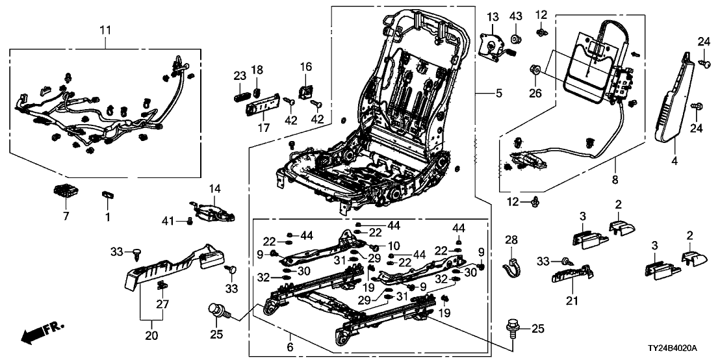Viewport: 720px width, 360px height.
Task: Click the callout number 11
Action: tap(105, 30)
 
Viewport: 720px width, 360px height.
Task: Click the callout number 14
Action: tap(214, 188)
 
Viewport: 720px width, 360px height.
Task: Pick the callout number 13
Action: tap(492, 16)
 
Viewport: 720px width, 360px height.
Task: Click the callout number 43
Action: tap(515, 16)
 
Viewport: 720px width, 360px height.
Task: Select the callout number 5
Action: tap(499, 94)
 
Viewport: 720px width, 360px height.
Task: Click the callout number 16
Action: tap(305, 67)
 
